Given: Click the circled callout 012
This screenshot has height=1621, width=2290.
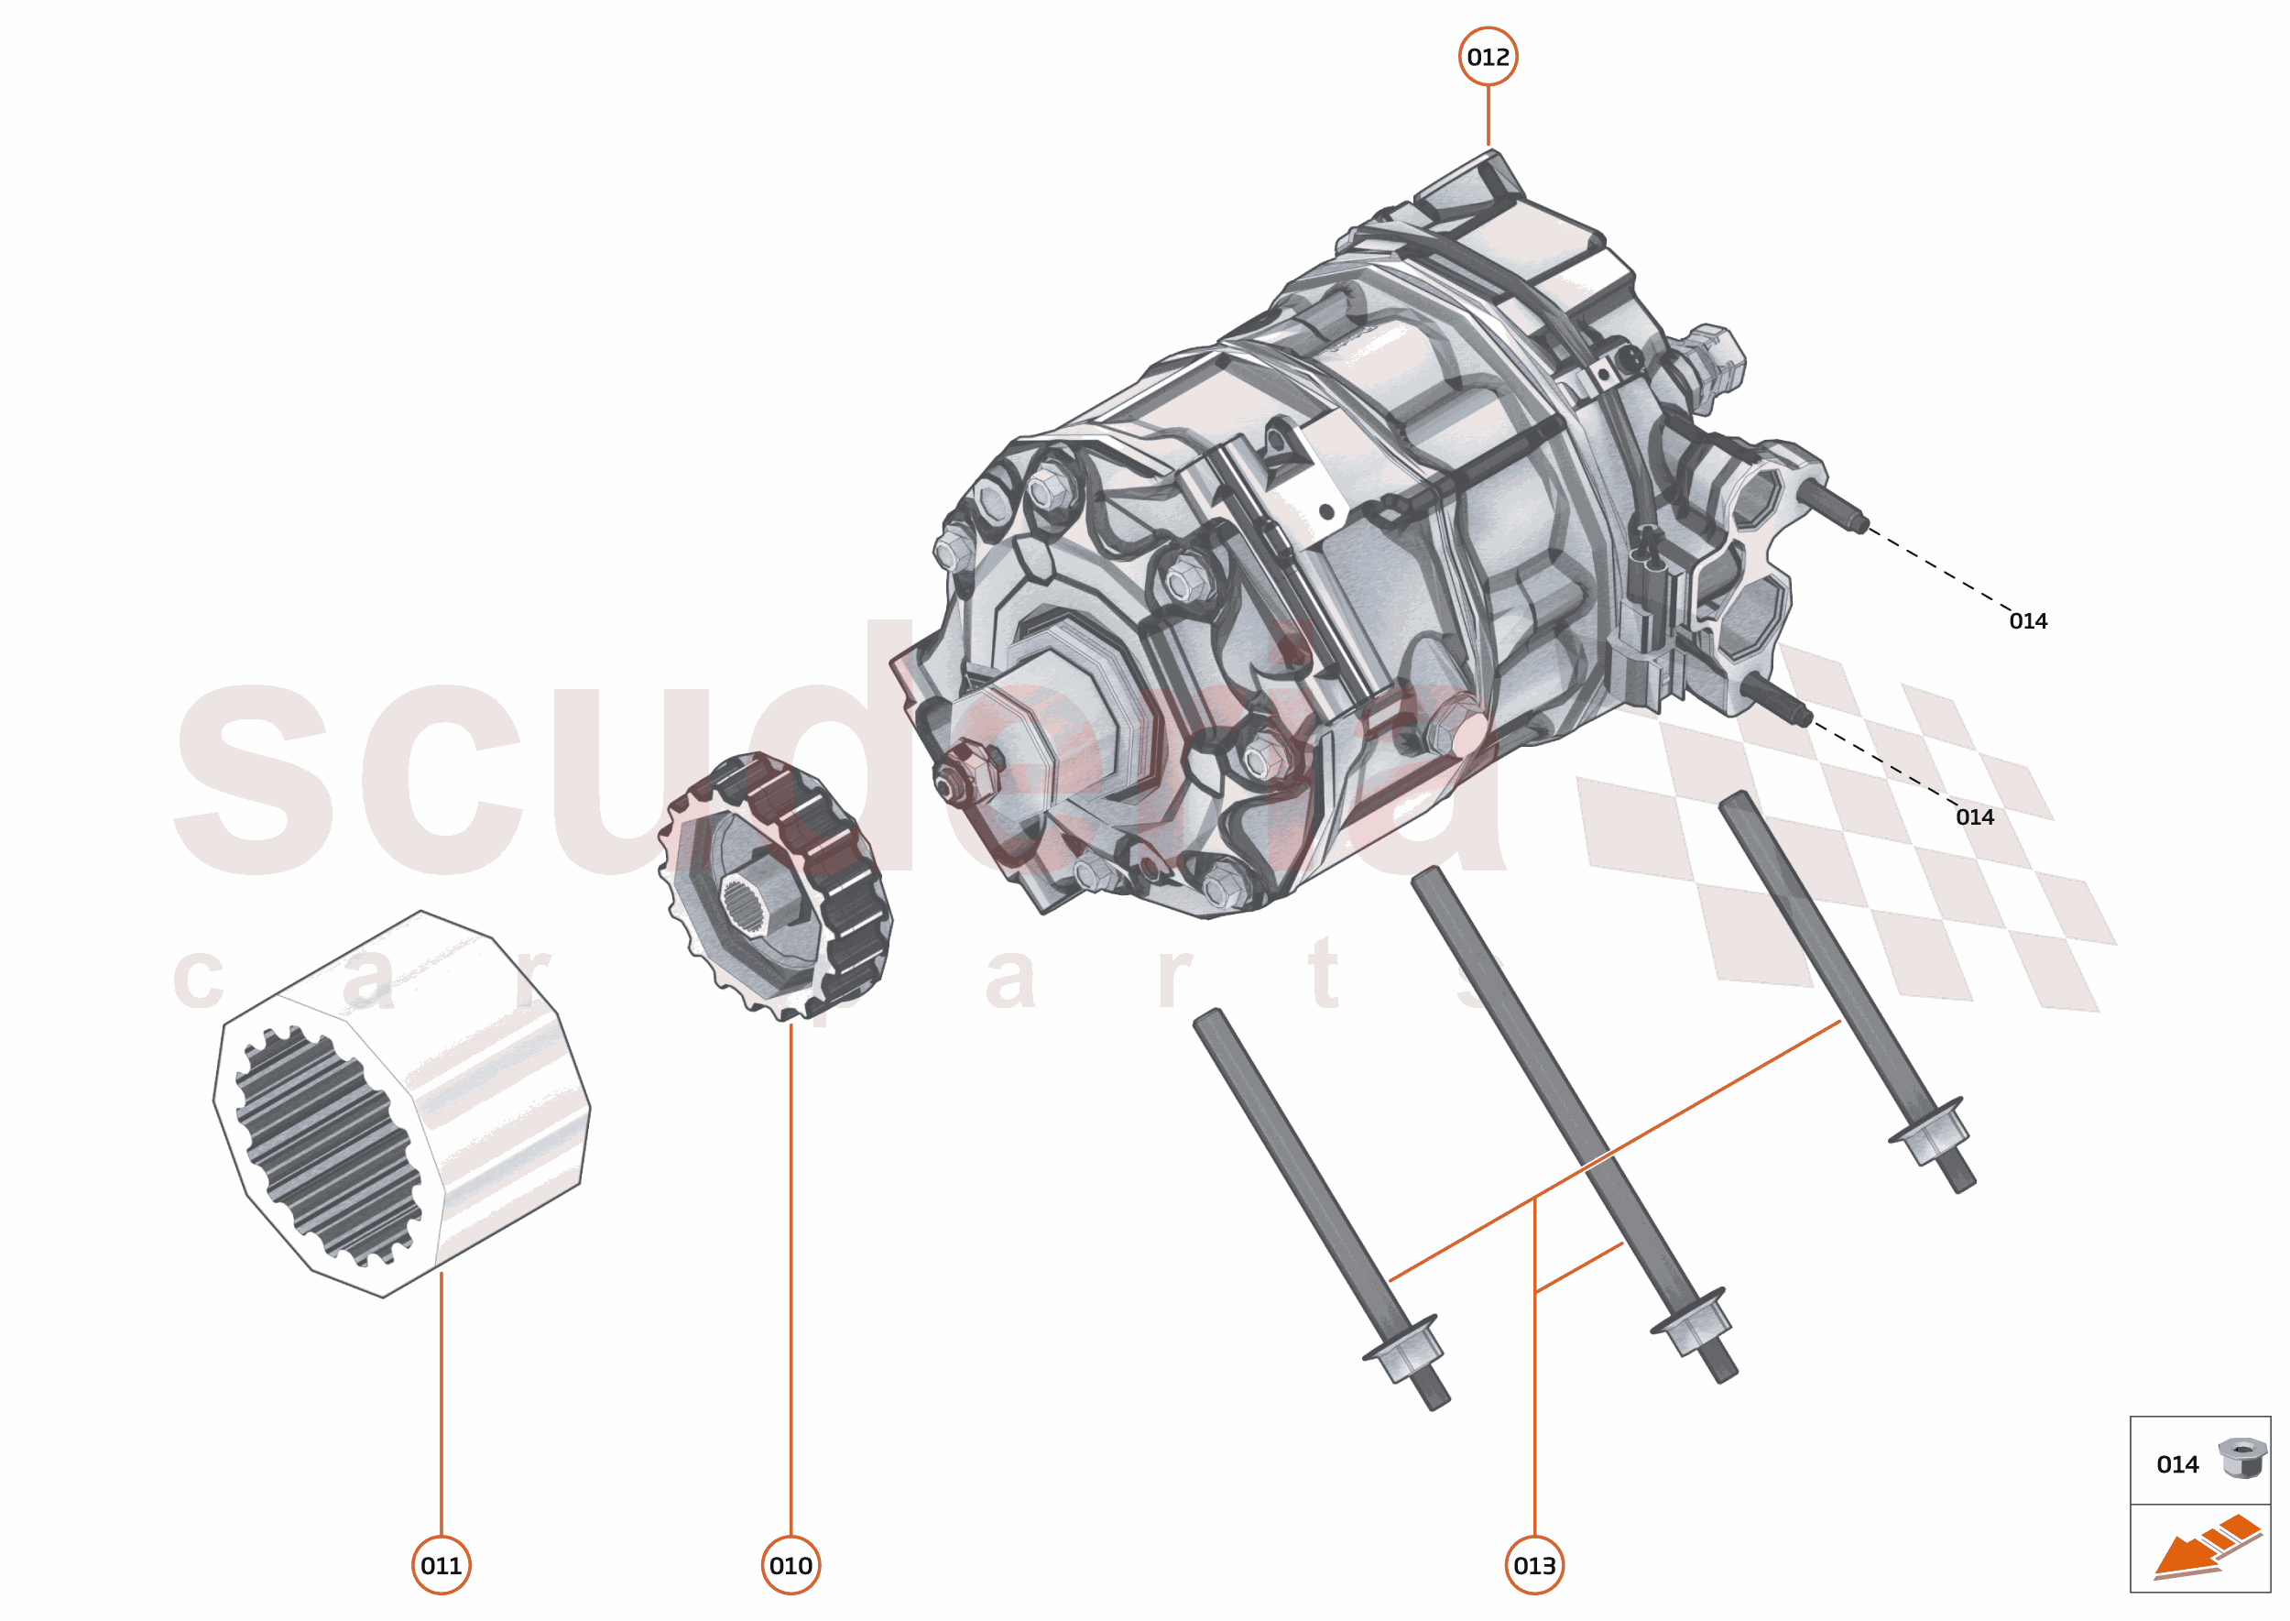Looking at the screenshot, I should [x=1487, y=57].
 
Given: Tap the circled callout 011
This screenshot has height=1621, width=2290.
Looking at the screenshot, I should [x=441, y=1565].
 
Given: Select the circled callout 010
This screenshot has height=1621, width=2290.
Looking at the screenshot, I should [x=791, y=1565].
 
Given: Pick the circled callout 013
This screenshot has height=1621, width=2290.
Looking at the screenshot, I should [x=1533, y=1565].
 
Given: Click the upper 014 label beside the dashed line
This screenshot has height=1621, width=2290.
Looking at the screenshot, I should [x=2028, y=621].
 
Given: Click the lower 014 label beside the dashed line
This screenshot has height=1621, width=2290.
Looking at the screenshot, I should [x=1974, y=817].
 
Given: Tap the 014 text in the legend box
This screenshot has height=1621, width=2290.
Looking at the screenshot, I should [x=2177, y=1464].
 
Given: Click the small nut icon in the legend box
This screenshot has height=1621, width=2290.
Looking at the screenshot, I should [x=2241, y=1457].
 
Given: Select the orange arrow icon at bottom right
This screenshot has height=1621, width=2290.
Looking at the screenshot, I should [x=2205, y=1548].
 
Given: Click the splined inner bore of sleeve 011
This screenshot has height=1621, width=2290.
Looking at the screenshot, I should [x=327, y=1145].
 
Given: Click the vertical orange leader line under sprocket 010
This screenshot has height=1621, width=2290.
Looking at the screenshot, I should [x=791, y=1277].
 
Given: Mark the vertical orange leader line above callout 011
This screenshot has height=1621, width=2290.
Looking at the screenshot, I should [x=441, y=1397].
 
